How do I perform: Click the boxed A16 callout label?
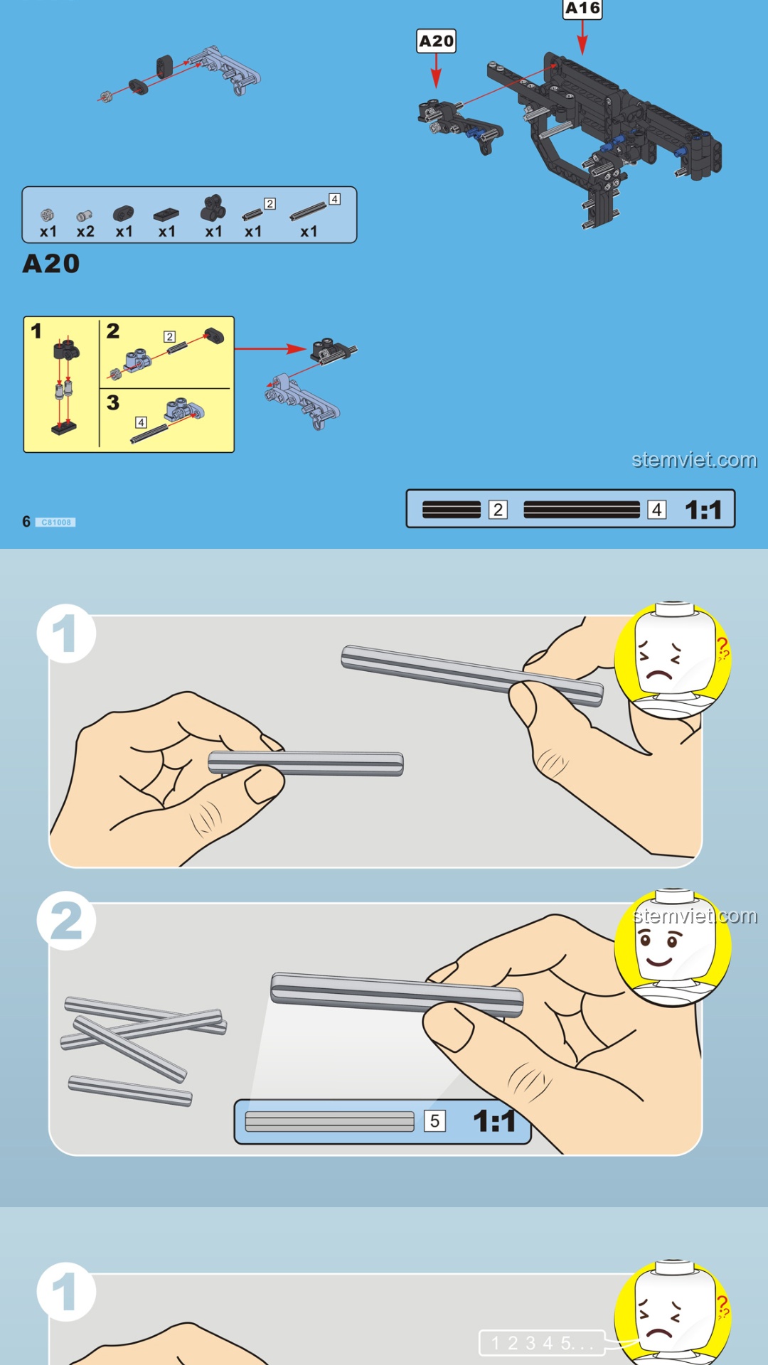tap(582, 9)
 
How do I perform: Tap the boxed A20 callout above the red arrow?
tap(436, 41)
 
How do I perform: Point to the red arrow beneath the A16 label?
tap(582, 38)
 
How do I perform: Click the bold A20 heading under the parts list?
tap(51, 264)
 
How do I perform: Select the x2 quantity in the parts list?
tap(85, 232)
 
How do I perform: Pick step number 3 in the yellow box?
tap(113, 402)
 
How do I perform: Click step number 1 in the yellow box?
tap(36, 331)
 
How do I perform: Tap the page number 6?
tap(26, 522)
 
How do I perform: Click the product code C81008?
tap(56, 523)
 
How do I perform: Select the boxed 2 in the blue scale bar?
tap(498, 510)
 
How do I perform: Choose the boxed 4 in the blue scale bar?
tap(657, 510)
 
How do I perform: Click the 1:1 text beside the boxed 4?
tap(703, 510)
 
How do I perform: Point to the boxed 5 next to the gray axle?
tap(434, 1121)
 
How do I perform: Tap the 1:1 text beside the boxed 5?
tap(495, 1121)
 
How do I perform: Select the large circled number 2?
tap(66, 921)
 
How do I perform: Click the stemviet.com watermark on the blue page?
tap(694, 460)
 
